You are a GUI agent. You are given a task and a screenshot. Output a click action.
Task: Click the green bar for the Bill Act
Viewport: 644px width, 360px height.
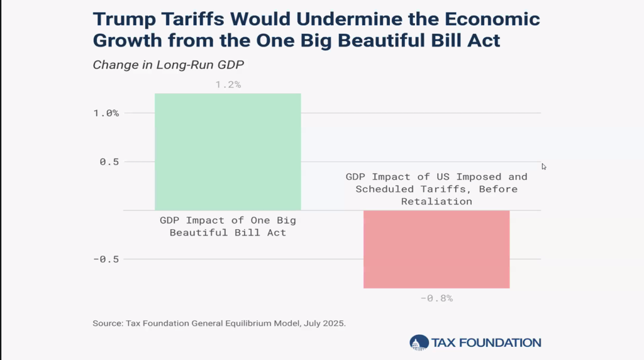(x=228, y=151)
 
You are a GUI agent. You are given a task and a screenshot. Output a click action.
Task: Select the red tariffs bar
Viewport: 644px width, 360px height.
(x=436, y=249)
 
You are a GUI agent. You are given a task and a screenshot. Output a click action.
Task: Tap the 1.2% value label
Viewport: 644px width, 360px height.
(x=228, y=84)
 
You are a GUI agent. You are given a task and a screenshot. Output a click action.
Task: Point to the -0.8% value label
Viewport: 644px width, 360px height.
(x=436, y=298)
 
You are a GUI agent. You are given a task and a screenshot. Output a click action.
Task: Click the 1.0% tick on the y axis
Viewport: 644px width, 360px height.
(x=105, y=113)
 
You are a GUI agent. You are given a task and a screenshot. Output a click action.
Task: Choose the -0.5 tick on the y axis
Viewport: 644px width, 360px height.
(x=105, y=259)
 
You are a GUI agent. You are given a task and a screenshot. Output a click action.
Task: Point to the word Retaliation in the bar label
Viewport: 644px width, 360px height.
(x=436, y=201)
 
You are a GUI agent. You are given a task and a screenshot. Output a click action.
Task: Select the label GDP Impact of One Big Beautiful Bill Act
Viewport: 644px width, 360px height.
(x=228, y=227)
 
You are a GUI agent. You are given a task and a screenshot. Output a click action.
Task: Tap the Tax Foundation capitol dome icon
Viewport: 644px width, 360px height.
(x=418, y=342)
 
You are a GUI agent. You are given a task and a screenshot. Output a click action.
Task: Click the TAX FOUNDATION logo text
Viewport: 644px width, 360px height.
(x=486, y=343)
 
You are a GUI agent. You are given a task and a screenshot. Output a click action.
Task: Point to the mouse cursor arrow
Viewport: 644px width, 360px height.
(x=544, y=166)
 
